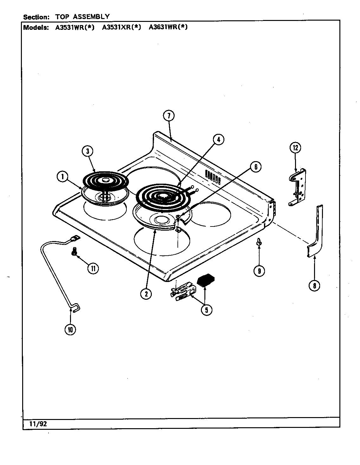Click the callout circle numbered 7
[169, 116]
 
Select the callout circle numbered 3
[87, 151]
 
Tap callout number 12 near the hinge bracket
[295, 147]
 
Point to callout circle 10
[70, 330]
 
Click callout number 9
[259, 271]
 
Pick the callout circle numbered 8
[314, 285]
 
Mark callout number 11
[93, 268]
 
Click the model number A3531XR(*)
[121, 27]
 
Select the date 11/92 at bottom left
[35, 424]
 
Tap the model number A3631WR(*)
[168, 27]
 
